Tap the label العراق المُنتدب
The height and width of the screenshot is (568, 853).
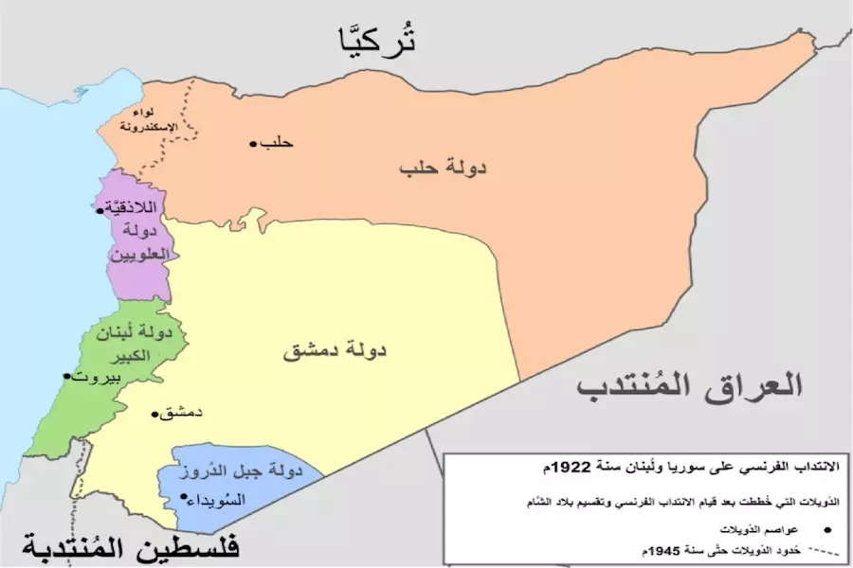coord(691,386)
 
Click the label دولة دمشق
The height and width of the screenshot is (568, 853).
coord(337,351)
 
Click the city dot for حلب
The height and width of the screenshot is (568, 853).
coord(254,144)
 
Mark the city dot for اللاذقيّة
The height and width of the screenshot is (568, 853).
coord(100,210)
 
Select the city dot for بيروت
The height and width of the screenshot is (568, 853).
coord(65,376)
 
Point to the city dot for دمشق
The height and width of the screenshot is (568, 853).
coord(154,414)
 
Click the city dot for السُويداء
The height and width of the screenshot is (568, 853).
coord(182,496)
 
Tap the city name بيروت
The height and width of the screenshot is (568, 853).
coord(99,377)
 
